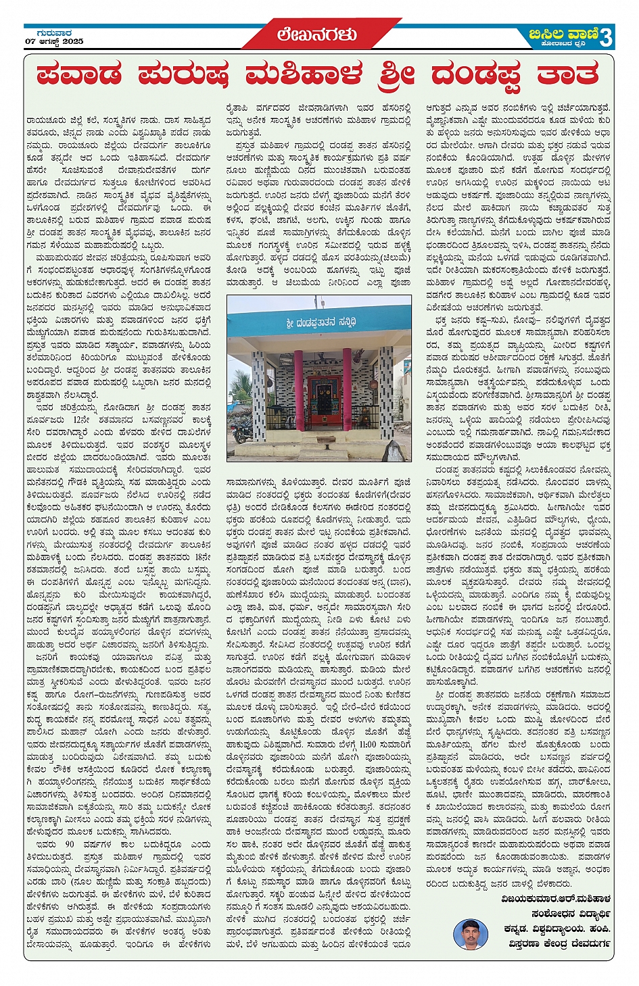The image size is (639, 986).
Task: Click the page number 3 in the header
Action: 605,36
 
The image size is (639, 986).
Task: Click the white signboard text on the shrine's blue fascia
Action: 320,322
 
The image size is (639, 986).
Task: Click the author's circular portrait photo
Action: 471,935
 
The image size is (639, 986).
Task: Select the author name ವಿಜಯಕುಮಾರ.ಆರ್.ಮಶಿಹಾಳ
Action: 556,899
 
